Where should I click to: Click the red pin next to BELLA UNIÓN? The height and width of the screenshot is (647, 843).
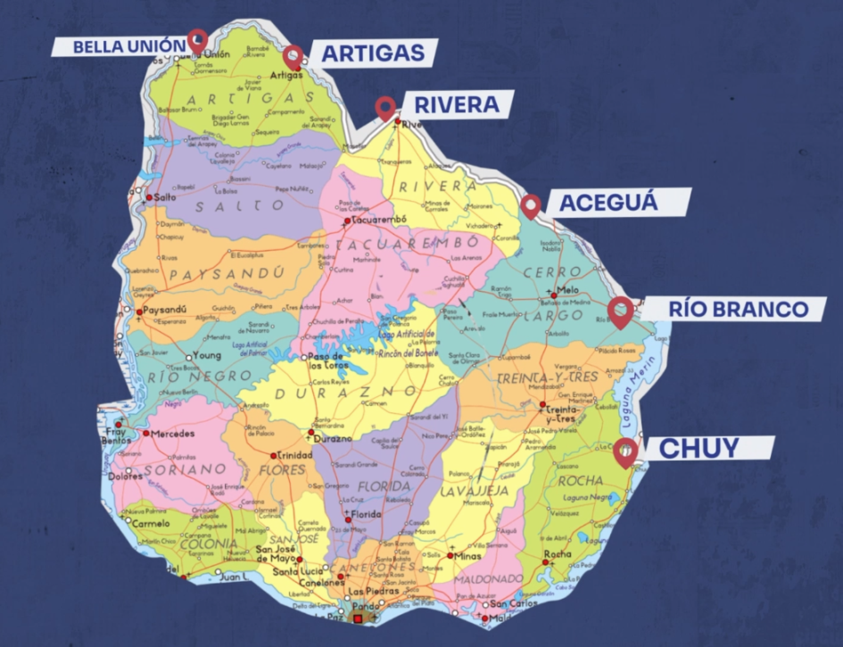(197, 39)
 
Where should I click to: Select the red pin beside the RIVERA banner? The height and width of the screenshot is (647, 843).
(385, 107)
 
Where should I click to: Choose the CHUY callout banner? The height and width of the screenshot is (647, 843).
(691, 448)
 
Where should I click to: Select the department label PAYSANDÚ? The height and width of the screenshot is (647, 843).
(228, 272)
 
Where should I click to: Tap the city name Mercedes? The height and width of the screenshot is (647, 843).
(173, 434)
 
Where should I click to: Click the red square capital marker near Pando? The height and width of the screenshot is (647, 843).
(358, 618)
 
